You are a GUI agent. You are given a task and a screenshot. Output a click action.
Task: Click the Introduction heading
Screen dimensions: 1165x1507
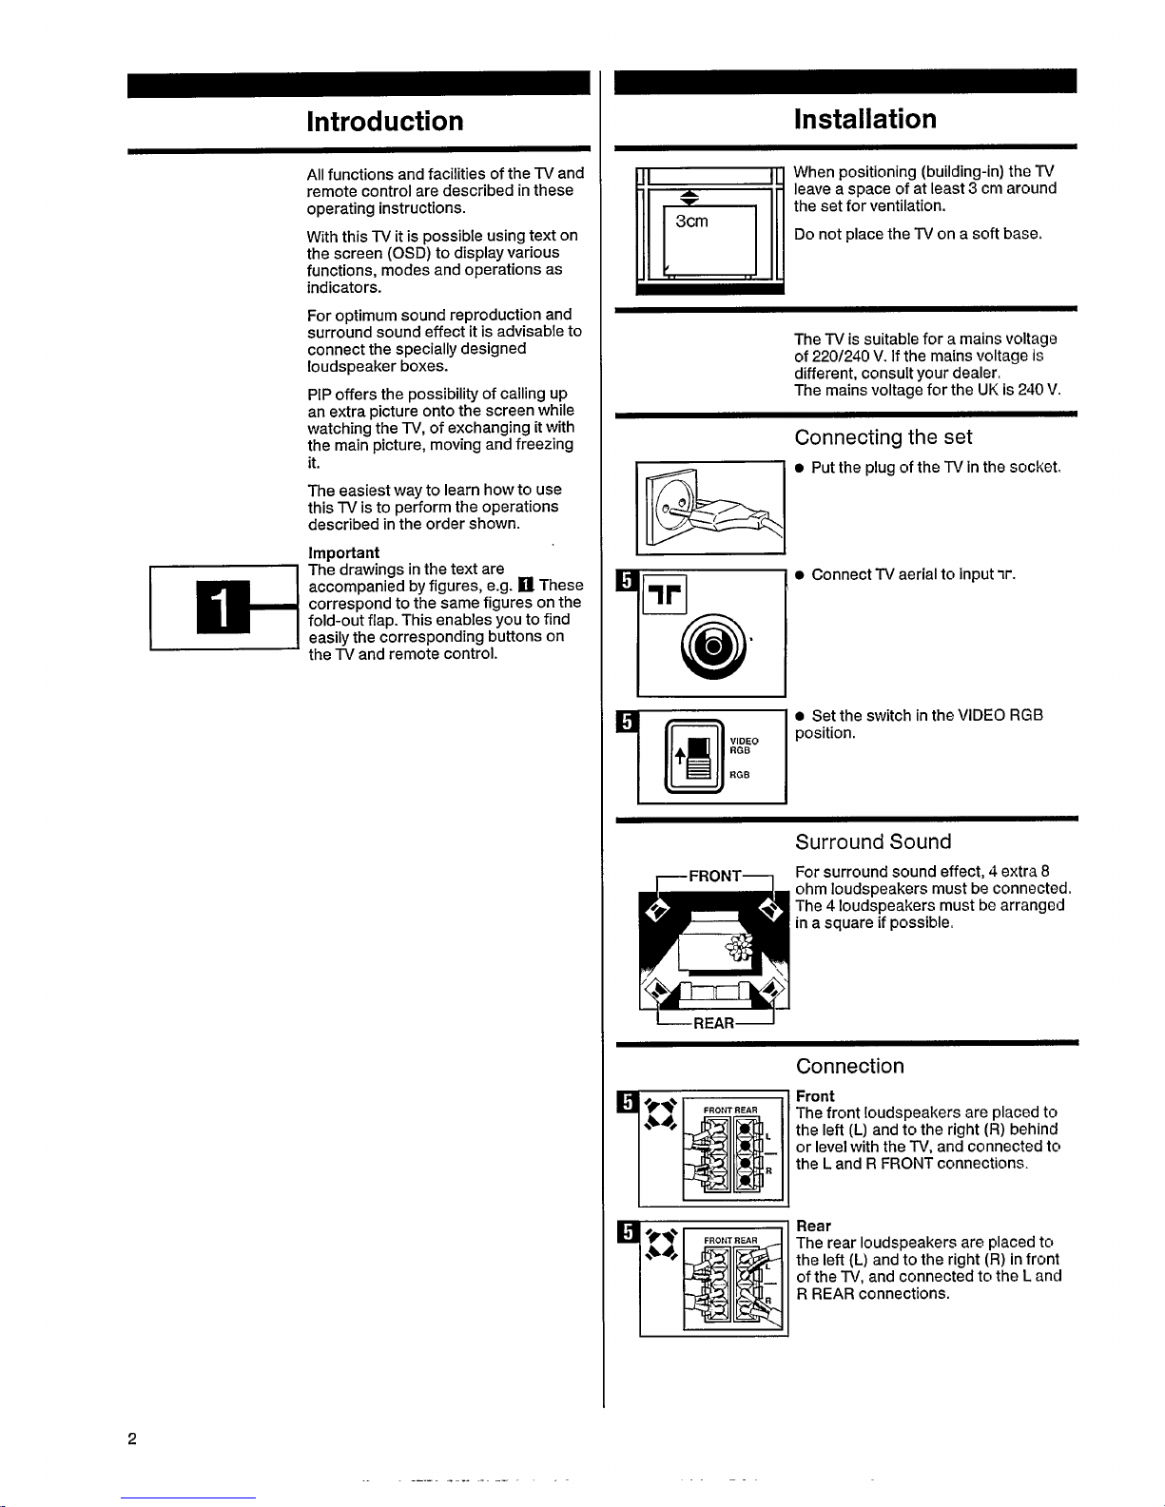(x=385, y=122)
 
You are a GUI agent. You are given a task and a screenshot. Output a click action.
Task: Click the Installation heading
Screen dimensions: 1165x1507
(x=864, y=119)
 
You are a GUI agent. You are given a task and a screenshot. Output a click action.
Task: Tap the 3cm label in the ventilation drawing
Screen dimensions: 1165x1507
(x=691, y=222)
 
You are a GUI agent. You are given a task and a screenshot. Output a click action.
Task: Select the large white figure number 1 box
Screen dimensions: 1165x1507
(x=223, y=607)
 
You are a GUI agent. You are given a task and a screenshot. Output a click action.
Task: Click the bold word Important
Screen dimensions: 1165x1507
(x=343, y=552)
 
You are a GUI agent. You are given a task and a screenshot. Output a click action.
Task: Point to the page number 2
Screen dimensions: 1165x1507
(x=132, y=1439)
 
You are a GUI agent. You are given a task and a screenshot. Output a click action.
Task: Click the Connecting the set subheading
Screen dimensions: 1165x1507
(x=883, y=437)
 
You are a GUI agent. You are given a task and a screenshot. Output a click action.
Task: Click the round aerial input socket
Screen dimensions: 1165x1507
(x=713, y=647)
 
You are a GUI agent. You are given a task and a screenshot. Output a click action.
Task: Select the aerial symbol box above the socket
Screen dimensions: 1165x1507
(x=665, y=594)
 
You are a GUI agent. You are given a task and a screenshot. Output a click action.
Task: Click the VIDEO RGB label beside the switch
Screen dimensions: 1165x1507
(x=744, y=745)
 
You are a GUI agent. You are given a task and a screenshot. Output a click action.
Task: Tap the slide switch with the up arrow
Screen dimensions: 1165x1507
(x=693, y=757)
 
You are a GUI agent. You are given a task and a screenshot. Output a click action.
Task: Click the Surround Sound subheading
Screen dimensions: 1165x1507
(x=873, y=841)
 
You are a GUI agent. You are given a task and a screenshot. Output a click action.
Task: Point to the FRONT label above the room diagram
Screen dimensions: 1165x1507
(x=715, y=876)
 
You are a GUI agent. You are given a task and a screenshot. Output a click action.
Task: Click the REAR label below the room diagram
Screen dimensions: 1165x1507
(x=713, y=1024)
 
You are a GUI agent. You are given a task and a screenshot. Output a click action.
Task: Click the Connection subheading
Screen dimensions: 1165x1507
(x=849, y=1066)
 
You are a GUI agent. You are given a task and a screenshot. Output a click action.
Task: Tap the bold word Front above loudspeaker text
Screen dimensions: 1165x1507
(x=815, y=1095)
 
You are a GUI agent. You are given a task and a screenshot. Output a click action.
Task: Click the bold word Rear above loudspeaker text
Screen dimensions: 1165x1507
(x=813, y=1226)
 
